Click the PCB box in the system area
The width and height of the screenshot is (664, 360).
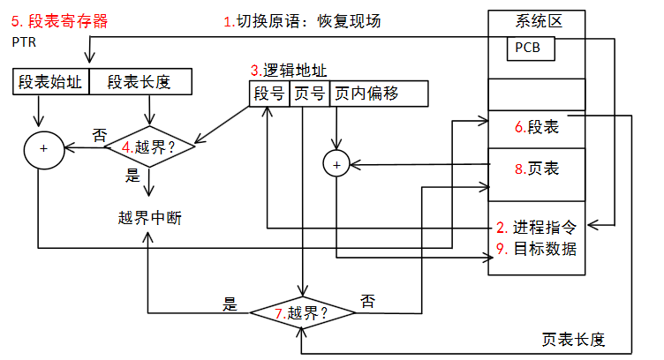[531, 49]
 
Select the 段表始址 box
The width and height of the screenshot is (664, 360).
[51, 82]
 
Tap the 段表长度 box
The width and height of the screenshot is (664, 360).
[139, 82]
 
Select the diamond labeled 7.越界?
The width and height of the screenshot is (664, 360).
[302, 311]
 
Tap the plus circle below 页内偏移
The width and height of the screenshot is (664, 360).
[336, 163]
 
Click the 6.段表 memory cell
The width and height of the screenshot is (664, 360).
[537, 128]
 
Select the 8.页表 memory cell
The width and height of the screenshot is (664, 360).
[537, 168]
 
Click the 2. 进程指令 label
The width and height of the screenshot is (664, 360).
[537, 228]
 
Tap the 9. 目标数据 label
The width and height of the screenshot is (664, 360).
[537, 248]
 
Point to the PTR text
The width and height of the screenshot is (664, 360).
[23, 41]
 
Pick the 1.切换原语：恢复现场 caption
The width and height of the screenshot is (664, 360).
[301, 20]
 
